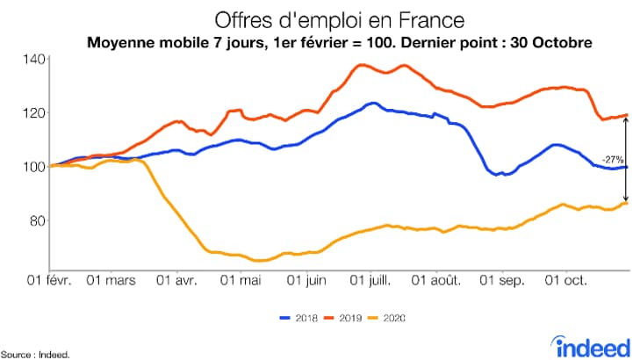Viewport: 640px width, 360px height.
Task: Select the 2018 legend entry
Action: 299,317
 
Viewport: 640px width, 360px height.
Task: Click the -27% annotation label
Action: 612,160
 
